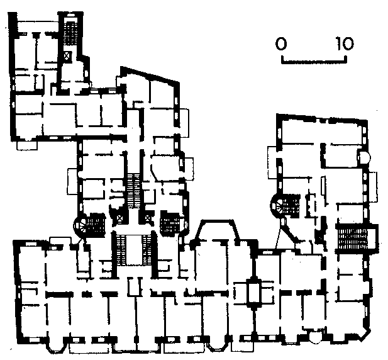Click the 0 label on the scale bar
point(281,44)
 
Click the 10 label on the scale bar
point(345,43)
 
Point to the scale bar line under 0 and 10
point(314,60)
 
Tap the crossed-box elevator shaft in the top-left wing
point(67,56)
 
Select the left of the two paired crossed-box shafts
point(120,218)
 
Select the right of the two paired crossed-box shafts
point(148,218)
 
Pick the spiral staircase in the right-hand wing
point(278,203)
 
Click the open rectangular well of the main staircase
point(134,250)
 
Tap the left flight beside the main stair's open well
point(121,250)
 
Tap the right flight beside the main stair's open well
point(147,250)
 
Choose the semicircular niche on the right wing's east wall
point(365,157)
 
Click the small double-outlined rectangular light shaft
point(253,293)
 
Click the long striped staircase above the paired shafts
point(133,191)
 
